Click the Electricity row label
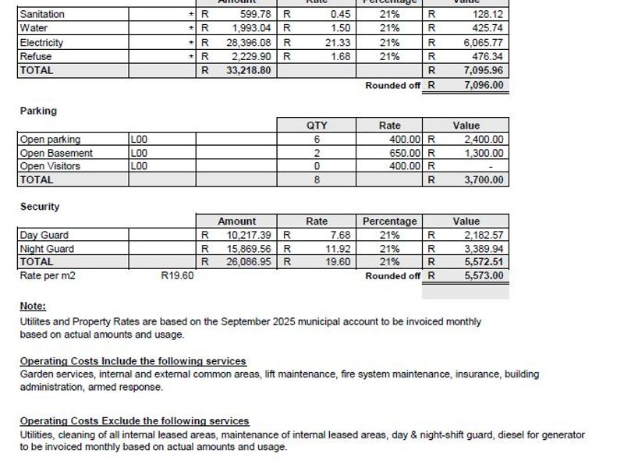(x=41, y=43)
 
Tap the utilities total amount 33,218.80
(x=249, y=70)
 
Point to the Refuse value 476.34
(x=487, y=57)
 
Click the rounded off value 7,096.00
(x=484, y=85)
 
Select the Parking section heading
(x=38, y=111)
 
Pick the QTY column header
(x=317, y=126)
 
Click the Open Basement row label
(x=56, y=153)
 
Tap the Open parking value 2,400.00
(x=484, y=140)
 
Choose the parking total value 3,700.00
(x=484, y=180)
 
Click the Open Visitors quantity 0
(x=317, y=166)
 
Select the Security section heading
(x=40, y=207)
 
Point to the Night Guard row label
(x=47, y=249)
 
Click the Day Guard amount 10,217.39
(x=249, y=235)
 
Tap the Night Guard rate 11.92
(x=338, y=249)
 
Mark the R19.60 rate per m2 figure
(x=177, y=275)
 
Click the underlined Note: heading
(x=33, y=306)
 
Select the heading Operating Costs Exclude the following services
(x=134, y=421)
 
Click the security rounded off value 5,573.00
(x=484, y=275)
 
